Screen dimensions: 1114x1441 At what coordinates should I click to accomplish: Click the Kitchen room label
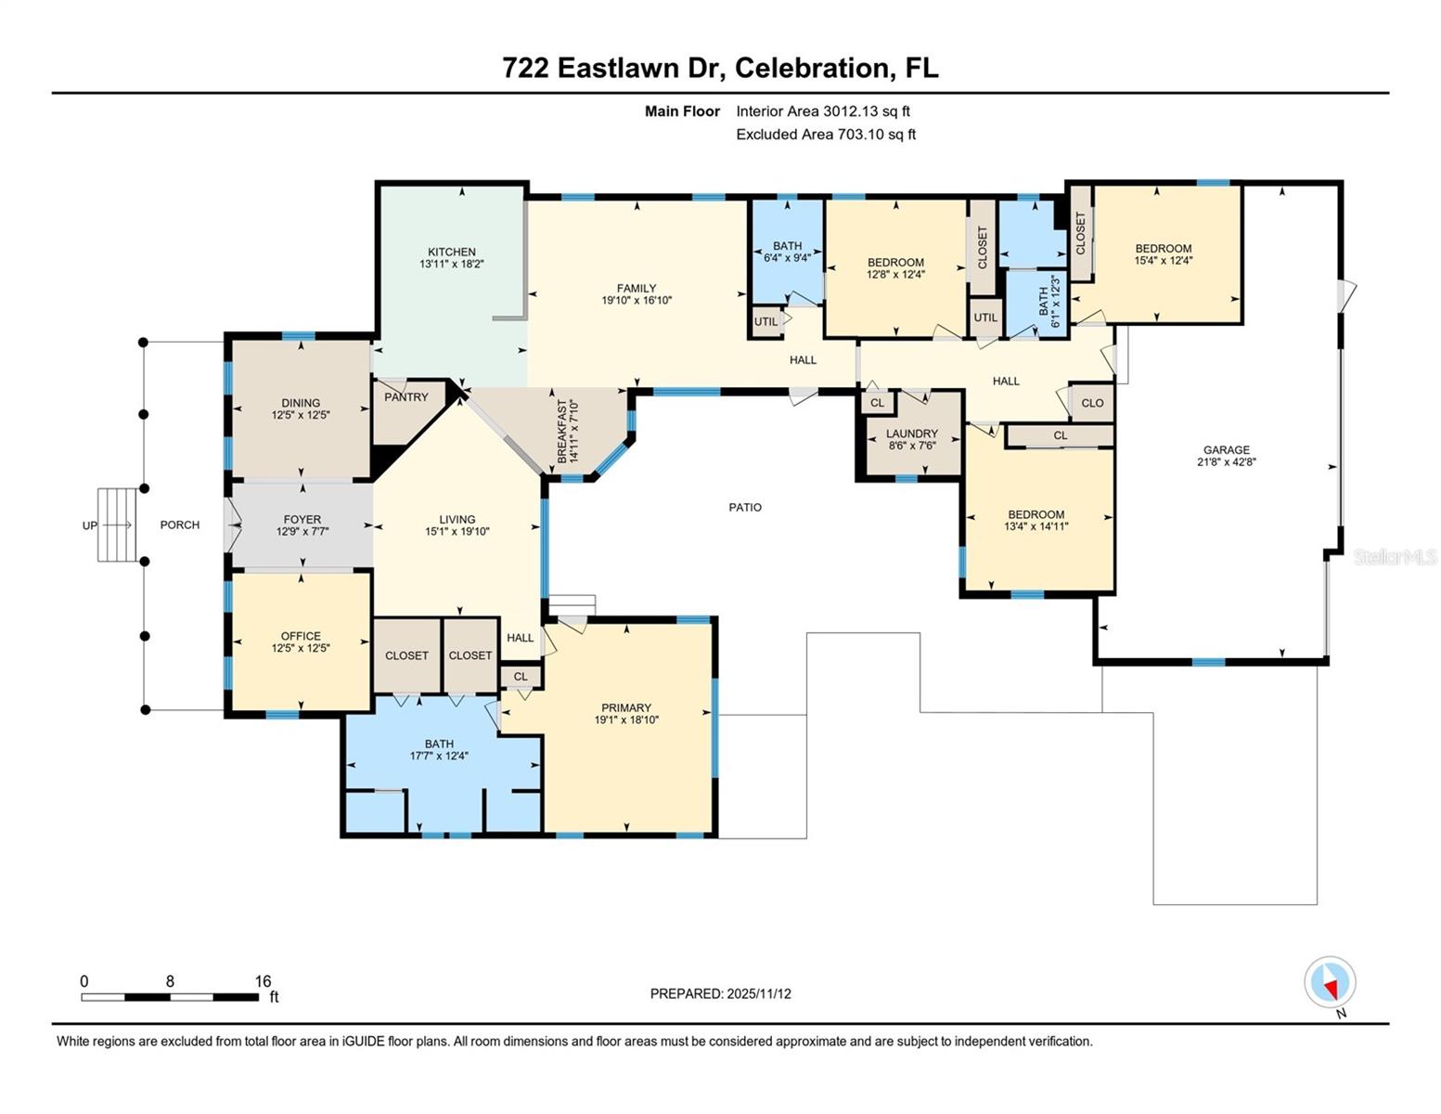[x=451, y=252]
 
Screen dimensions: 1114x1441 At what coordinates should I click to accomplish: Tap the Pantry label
[x=406, y=397]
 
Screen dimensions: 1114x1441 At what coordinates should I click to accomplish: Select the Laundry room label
[x=911, y=434]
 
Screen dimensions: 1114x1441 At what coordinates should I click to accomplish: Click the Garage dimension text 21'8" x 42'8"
[x=1227, y=462]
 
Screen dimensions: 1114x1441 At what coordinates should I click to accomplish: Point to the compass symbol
[x=1330, y=982]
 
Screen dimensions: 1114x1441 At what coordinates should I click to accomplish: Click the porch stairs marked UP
[x=117, y=525]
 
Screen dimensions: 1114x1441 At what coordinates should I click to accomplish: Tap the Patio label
[x=744, y=508]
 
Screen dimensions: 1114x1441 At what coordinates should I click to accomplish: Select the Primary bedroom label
[x=626, y=707]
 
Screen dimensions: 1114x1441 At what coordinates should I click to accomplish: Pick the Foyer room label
[x=302, y=520]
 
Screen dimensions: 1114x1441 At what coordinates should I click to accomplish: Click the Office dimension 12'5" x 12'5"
[x=301, y=649]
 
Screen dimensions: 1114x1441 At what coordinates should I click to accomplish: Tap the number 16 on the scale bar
[x=263, y=981]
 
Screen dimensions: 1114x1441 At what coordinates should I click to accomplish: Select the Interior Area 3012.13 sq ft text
[x=822, y=111]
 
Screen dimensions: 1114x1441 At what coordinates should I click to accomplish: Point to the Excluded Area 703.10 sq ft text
[x=825, y=135]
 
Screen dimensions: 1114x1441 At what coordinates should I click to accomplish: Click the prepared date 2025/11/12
[x=758, y=994]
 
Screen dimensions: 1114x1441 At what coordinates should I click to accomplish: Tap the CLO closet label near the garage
[x=1092, y=403]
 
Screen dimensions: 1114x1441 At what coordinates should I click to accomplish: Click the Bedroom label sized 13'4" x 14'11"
[x=1036, y=514]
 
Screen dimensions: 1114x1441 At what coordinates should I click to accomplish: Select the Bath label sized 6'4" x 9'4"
[x=787, y=246]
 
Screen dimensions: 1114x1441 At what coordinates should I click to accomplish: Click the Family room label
[x=637, y=289]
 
